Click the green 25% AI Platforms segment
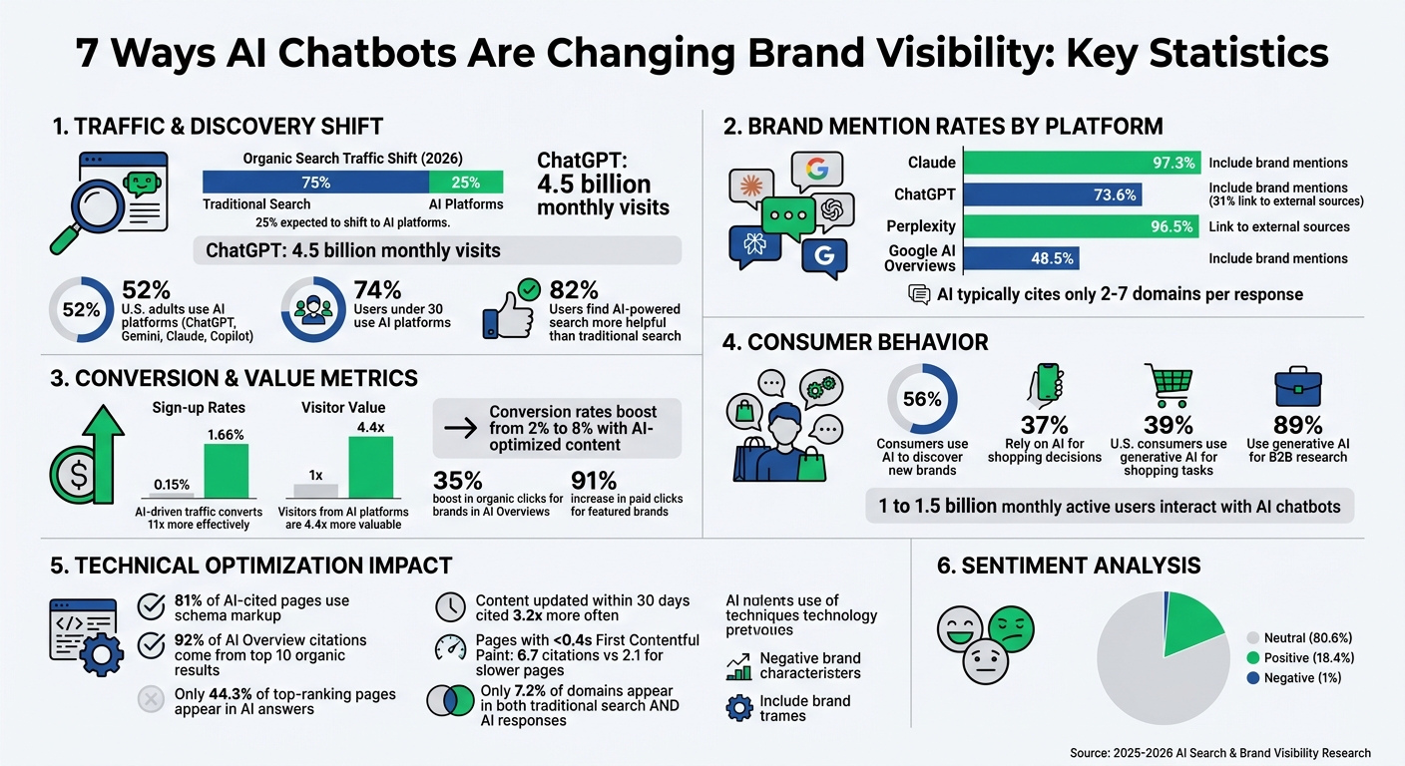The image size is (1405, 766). [x=466, y=183]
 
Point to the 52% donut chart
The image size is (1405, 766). [x=80, y=310]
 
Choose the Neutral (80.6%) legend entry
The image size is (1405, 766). [x=1300, y=636]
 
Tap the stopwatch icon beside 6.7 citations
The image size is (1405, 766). [x=451, y=648]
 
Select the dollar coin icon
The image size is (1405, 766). [x=75, y=473]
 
